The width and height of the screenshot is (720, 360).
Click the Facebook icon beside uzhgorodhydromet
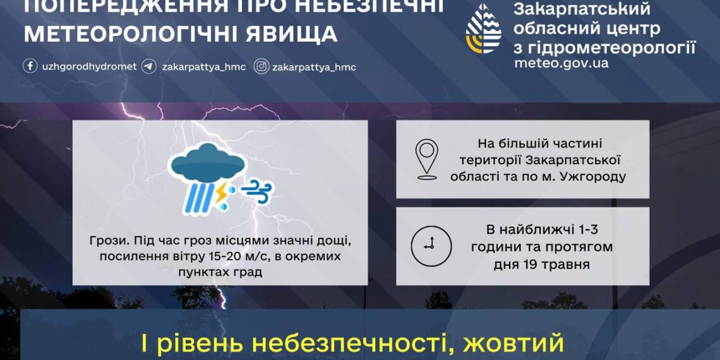click(30, 66)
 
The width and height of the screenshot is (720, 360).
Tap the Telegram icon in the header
click(149, 66)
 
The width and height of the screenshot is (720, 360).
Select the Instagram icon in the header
click(261, 66)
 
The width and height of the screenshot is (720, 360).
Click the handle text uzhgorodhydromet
click(88, 66)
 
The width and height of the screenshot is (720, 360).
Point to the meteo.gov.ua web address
click(561, 63)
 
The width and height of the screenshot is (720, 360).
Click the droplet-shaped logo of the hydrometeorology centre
click(483, 29)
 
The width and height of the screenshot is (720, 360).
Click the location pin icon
click(427, 160)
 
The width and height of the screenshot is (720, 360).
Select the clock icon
click(431, 245)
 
